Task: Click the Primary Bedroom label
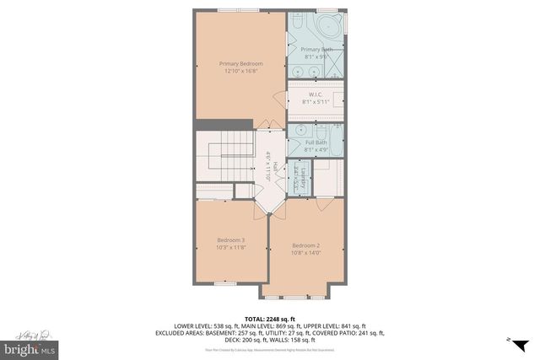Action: tap(240, 63)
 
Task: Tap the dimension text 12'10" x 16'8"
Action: tap(240, 72)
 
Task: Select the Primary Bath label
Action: tap(316, 50)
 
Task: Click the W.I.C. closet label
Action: tap(316, 94)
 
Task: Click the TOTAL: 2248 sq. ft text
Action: tap(270, 318)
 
